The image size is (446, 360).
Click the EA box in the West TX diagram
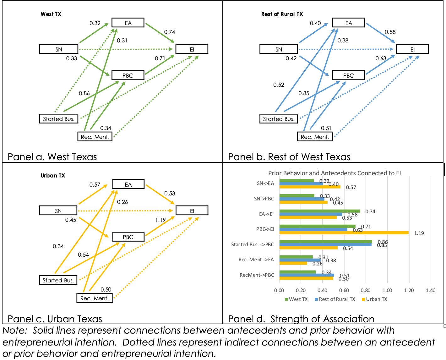click(128, 23)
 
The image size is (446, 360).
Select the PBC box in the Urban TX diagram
click(128, 237)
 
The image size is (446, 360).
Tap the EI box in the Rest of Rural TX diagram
click(412, 49)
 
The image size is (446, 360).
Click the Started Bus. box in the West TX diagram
click(58, 119)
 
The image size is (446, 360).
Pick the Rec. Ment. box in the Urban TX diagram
click(95, 298)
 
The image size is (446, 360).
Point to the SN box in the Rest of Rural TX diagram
click(279, 49)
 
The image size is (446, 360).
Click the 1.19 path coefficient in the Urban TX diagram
click(160, 220)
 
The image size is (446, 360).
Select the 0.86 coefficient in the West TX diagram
click(84, 93)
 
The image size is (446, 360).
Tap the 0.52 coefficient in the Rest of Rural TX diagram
click(279, 85)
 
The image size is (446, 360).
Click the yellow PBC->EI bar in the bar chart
click(344, 233)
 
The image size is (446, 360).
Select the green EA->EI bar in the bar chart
click(319, 211)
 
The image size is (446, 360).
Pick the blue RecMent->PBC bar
click(307, 275)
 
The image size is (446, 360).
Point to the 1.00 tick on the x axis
click(387, 290)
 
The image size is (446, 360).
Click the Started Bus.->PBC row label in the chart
click(253, 244)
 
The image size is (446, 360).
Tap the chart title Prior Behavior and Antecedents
click(334, 173)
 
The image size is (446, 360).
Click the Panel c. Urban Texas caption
click(55, 319)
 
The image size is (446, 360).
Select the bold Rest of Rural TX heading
click(282, 14)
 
